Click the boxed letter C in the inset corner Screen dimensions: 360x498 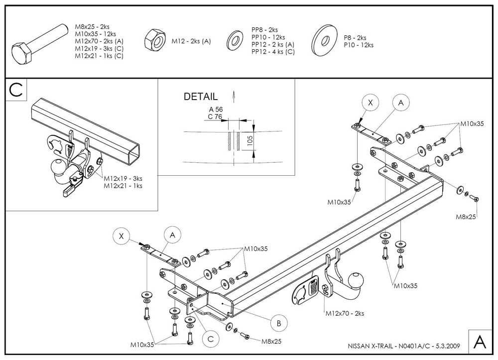tap(16, 90)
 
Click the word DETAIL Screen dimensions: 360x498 tap(201, 97)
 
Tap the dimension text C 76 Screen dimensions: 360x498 tap(215, 117)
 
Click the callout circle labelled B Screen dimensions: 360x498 tap(279, 323)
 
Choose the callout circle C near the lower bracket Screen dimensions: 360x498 tap(211, 339)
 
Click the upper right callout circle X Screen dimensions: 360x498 tap(370, 103)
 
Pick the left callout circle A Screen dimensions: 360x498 tap(172, 234)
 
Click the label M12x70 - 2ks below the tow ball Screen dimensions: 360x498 tap(345, 314)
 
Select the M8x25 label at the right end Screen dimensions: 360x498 tap(466, 217)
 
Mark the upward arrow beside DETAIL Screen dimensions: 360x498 tap(233, 95)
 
